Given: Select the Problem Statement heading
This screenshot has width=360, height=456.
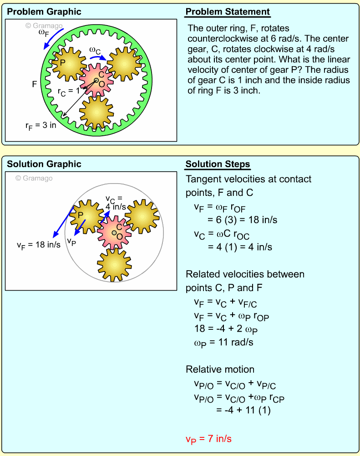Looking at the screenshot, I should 228,12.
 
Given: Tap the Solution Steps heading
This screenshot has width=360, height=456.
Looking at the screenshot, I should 218,164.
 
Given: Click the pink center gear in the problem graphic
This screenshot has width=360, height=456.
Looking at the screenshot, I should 96,80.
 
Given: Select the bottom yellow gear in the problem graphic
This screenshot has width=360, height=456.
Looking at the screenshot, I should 96,111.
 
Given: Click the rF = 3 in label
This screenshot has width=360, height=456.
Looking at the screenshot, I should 41,125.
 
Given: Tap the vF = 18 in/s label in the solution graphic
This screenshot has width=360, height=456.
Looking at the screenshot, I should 39,245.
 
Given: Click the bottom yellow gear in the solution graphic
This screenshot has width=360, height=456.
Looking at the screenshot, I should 114,264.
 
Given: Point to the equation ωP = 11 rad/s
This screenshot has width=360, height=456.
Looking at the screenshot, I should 220,343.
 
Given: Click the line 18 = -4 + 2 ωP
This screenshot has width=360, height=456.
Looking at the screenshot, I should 223,329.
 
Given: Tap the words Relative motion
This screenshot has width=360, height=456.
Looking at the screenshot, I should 220,369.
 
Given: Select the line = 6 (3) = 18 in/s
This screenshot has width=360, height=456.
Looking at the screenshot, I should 242,220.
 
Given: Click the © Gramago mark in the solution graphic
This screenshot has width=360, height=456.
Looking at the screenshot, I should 34,179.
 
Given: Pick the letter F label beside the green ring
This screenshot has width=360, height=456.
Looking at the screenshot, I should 35,84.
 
